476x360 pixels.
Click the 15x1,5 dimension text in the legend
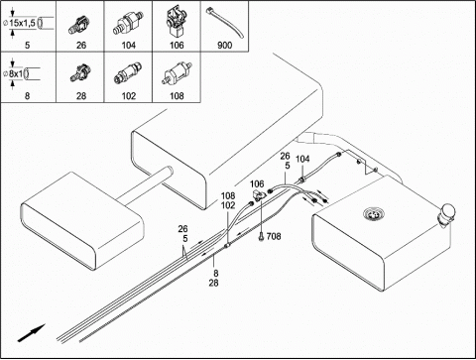tap(23, 23)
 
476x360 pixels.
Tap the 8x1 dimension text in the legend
tap(16, 73)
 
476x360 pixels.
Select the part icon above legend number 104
tap(129, 23)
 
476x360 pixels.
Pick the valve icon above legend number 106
tap(176, 21)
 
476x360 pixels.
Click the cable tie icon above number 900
tap(225, 23)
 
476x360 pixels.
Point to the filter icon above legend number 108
tap(177, 74)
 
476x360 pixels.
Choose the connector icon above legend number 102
tap(128, 73)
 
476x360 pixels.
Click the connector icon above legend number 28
tap(80, 73)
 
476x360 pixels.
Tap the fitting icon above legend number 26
tap(79, 24)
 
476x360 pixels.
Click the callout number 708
tap(274, 236)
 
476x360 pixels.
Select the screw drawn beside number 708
tap(261, 236)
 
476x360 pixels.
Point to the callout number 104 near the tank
tap(302, 159)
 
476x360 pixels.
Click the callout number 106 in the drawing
tap(257, 183)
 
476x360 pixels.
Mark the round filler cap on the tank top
tap(374, 214)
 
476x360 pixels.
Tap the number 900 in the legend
tap(225, 45)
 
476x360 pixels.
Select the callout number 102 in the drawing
tap(228, 205)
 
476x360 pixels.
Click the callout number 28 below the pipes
tap(213, 283)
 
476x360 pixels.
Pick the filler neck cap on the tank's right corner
tap(447, 213)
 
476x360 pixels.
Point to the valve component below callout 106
tap(259, 195)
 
